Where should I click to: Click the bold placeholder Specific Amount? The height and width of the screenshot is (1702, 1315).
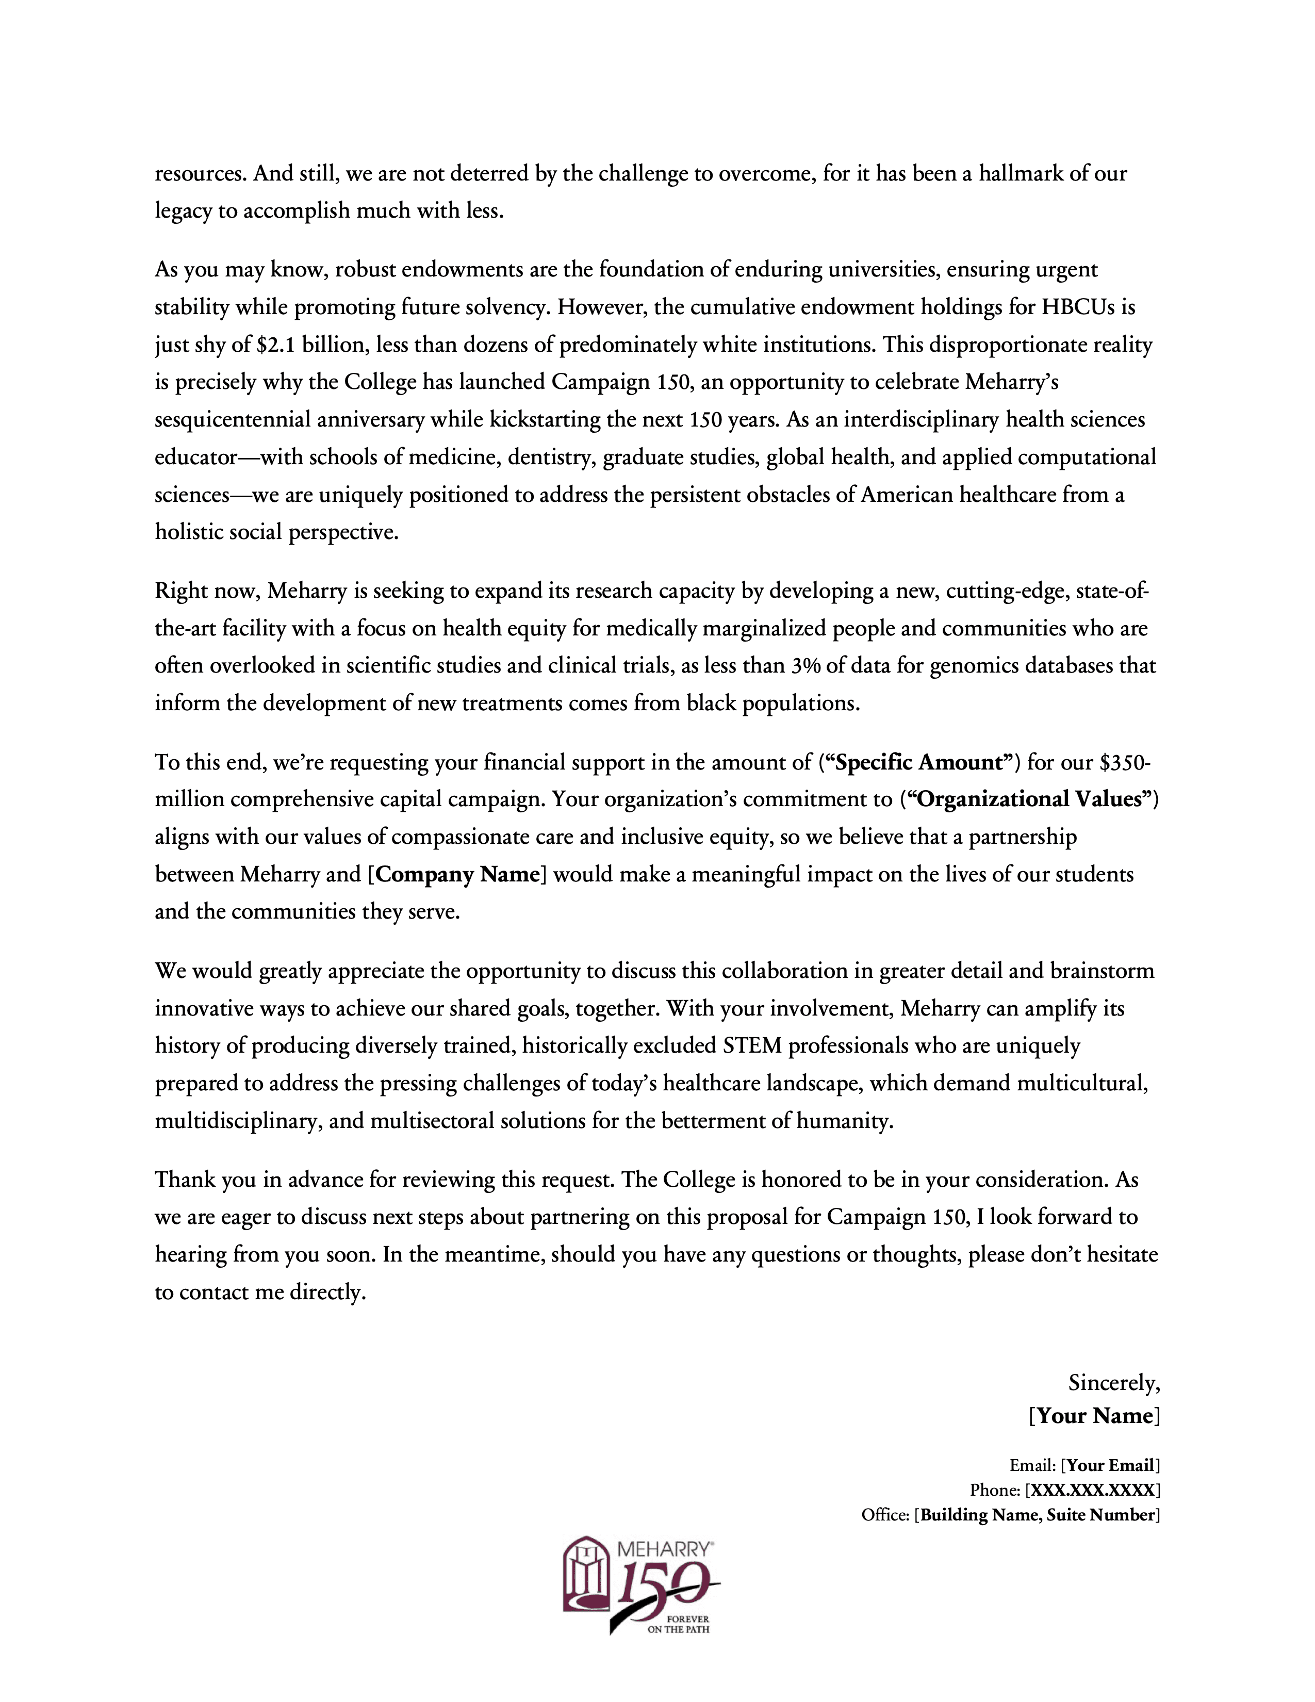pos(919,762)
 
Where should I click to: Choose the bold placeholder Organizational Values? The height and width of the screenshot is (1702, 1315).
pos(1030,799)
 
